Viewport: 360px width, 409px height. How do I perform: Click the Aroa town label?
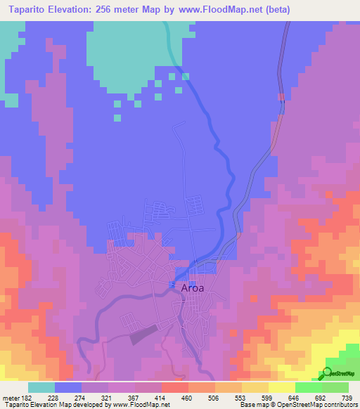tap(193, 287)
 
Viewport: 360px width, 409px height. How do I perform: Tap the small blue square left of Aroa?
tap(172, 285)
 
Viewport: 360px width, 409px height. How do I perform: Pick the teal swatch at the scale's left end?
tap(41, 387)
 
